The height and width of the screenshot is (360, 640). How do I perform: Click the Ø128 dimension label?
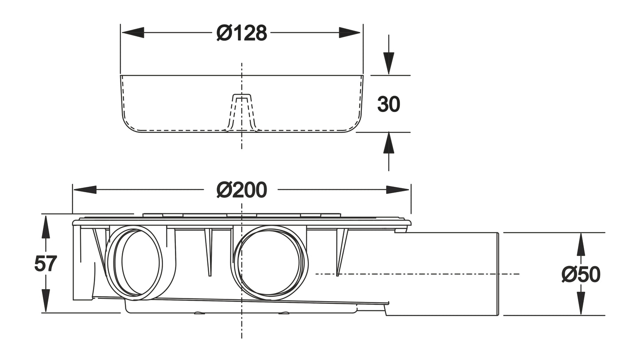242,33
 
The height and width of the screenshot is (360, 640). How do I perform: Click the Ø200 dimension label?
242,190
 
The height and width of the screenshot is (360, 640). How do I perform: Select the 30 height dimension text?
388,105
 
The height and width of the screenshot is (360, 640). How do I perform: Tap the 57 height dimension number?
45,264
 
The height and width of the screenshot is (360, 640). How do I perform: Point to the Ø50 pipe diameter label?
581,275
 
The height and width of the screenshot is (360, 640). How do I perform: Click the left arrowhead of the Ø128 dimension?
133,32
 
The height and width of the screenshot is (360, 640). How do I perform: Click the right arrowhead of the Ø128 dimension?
350,32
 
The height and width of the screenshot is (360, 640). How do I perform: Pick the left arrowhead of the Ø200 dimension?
85,190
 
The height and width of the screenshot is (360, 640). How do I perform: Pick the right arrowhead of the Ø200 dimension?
397,190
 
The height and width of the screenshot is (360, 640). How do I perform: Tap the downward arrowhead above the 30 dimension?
388,63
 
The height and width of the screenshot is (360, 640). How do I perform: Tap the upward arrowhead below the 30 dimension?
388,143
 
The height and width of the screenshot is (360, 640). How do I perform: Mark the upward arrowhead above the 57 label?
45,227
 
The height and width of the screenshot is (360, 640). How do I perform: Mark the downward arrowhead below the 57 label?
45,301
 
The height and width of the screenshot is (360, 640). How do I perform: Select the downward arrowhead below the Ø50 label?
581,303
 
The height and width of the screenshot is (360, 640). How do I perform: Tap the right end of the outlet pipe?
498,274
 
